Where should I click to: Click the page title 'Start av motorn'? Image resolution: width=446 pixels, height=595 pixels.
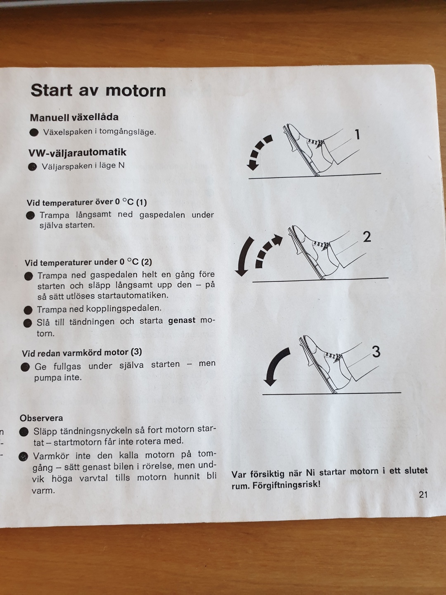98,90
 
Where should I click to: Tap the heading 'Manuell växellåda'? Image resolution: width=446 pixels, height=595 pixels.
74,117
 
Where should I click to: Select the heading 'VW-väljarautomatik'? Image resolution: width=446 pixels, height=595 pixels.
77,152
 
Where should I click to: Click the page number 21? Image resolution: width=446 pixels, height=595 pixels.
423,495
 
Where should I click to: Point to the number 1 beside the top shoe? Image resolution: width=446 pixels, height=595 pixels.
357,134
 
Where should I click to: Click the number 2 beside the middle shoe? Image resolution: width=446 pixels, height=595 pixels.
367,237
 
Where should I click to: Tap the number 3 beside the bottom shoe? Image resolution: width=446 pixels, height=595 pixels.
376,352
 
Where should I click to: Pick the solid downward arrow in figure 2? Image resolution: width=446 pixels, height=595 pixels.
244,256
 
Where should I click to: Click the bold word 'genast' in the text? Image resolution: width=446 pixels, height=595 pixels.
182,321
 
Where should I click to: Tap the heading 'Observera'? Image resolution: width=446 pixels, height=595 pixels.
41,418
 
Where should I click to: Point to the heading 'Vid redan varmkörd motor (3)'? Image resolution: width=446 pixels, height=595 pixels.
82,352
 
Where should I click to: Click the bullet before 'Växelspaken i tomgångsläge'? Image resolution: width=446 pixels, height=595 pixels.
34,133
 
